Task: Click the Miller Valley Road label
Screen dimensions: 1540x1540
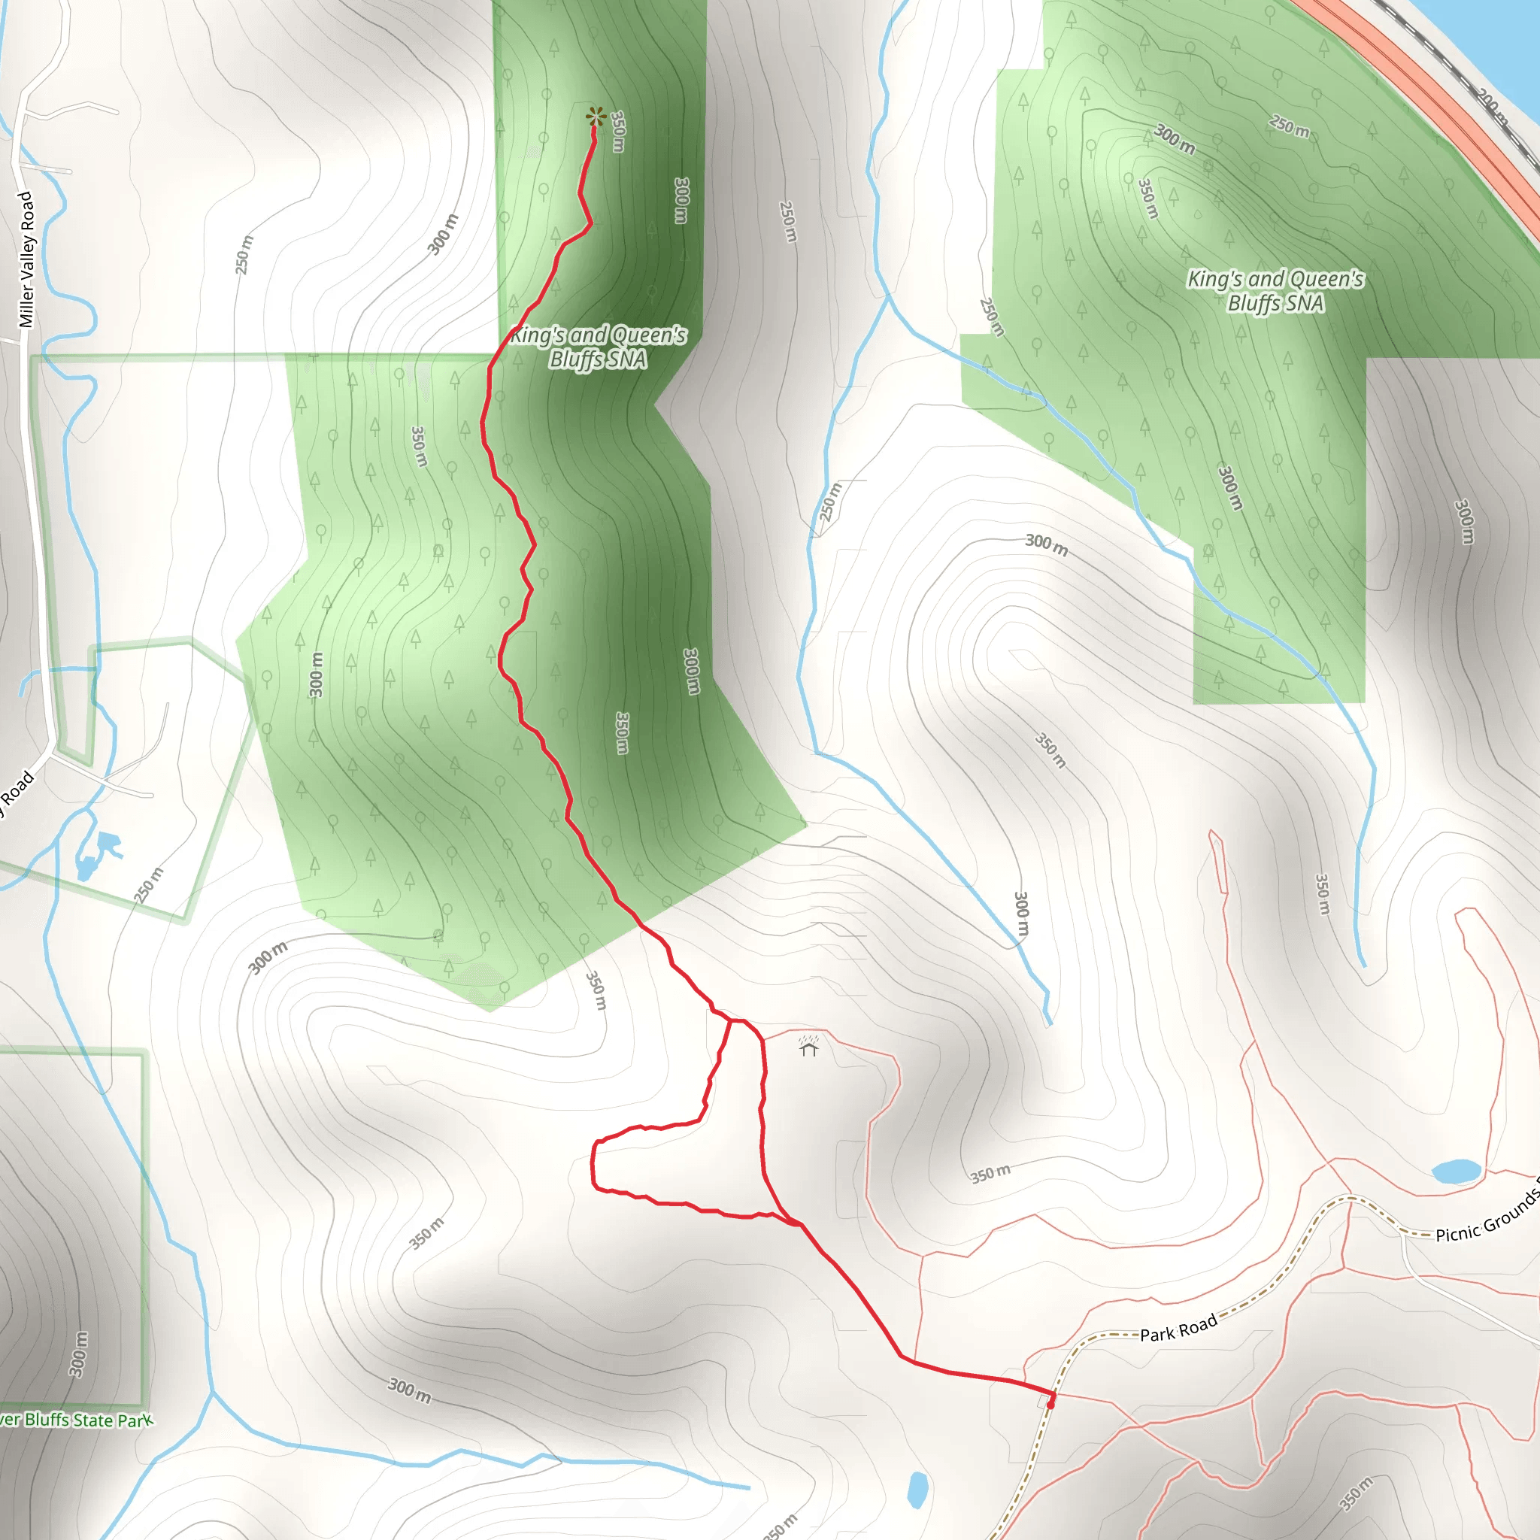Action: pos(26,259)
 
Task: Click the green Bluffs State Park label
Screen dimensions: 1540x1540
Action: pos(76,1420)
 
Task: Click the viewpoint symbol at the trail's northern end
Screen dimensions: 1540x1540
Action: pos(595,117)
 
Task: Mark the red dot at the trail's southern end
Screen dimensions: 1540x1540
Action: pos(1050,1405)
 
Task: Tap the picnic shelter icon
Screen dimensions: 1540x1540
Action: pos(809,1047)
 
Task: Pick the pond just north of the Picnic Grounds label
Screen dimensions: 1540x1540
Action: pos(1457,1171)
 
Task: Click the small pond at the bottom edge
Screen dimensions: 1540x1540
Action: pos(917,1488)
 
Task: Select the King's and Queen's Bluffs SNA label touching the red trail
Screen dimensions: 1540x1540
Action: pos(598,347)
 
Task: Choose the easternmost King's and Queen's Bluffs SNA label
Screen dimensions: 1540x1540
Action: pos(1275,291)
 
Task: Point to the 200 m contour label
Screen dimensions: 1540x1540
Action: pos(1492,108)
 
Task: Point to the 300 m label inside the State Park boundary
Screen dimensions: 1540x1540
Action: pos(78,1354)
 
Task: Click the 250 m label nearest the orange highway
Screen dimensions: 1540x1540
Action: pos(1289,126)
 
